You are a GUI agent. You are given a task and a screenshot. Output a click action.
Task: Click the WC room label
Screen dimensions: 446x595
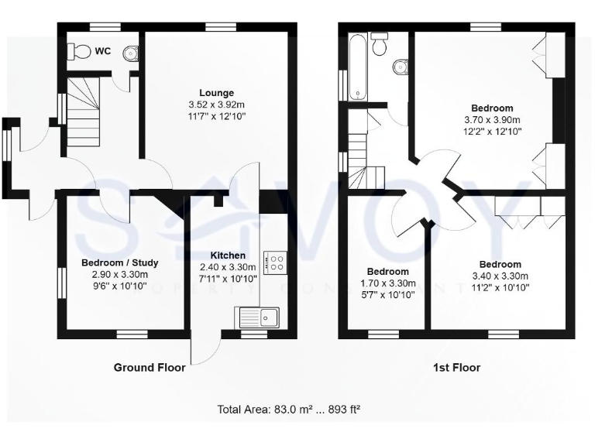[103, 52]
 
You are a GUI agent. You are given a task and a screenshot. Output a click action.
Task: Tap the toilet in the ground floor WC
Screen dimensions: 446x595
[78, 50]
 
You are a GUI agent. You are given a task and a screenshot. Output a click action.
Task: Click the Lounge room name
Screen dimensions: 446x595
[216, 93]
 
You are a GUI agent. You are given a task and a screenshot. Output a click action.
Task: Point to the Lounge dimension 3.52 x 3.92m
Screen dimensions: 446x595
[216, 105]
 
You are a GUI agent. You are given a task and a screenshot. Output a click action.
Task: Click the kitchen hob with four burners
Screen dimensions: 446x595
[275, 262]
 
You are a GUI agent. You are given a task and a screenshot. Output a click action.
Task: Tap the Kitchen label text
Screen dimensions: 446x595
[228, 256]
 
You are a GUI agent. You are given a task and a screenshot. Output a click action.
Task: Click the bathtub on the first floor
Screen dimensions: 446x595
[359, 66]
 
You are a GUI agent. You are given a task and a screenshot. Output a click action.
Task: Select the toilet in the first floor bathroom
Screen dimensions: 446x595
[380, 45]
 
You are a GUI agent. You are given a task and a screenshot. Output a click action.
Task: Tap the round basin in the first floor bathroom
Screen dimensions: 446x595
[401, 67]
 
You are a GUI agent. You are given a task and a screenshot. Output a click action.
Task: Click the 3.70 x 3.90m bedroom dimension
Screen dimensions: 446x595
[492, 120]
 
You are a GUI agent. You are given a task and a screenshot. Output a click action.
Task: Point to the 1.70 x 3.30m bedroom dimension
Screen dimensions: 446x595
[387, 283]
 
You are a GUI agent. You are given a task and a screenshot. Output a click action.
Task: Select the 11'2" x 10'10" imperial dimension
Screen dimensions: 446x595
[500, 287]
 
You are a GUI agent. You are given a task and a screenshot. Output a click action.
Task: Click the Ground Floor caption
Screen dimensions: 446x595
[150, 368]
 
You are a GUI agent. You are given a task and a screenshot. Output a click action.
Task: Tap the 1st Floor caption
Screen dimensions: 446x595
[456, 368]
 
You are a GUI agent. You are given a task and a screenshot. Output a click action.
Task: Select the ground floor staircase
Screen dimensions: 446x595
[82, 108]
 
